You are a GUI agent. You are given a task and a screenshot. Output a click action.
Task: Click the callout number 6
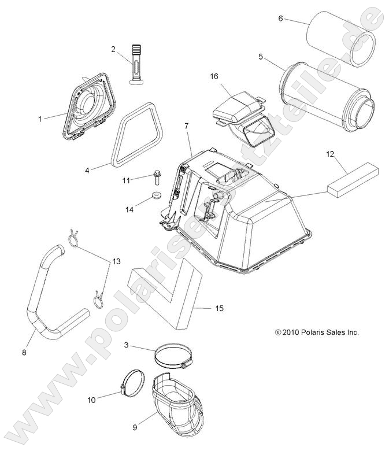[x=280, y=19]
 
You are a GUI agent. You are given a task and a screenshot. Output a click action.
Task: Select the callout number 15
[x=219, y=308]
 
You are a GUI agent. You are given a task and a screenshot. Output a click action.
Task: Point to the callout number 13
[x=116, y=261]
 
